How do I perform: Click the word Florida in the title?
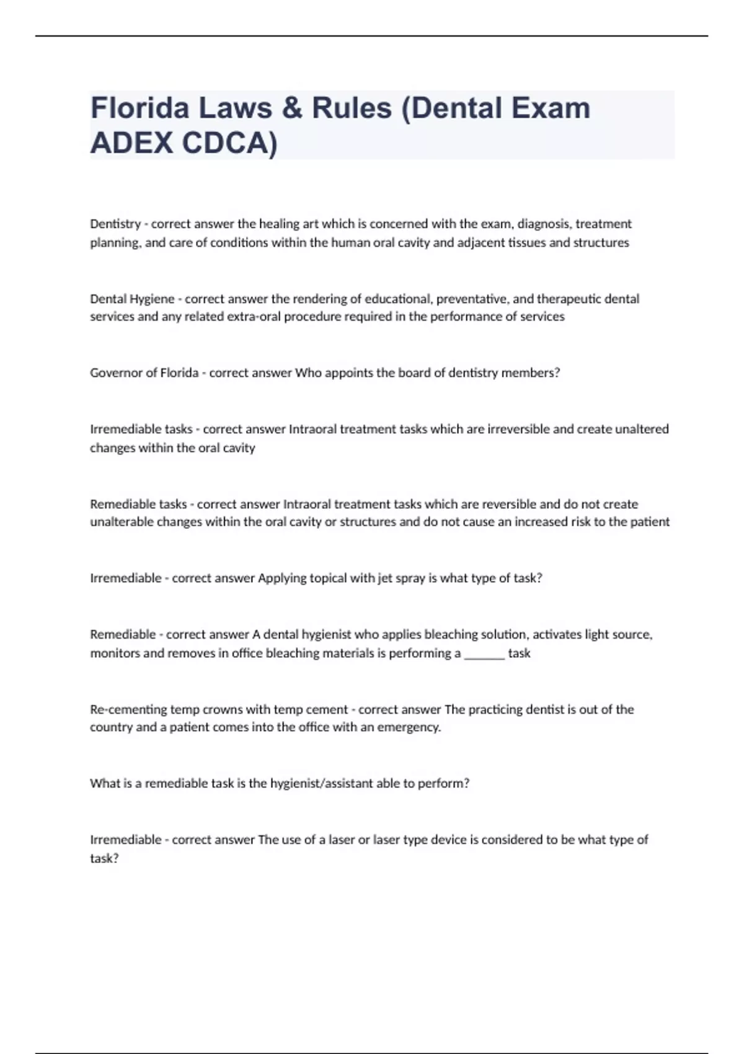click(139, 108)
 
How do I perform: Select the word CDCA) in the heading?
click(230, 143)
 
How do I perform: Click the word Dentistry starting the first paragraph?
click(115, 224)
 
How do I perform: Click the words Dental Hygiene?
click(132, 299)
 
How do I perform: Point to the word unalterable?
click(122, 522)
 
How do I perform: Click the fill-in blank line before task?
click(484, 654)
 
